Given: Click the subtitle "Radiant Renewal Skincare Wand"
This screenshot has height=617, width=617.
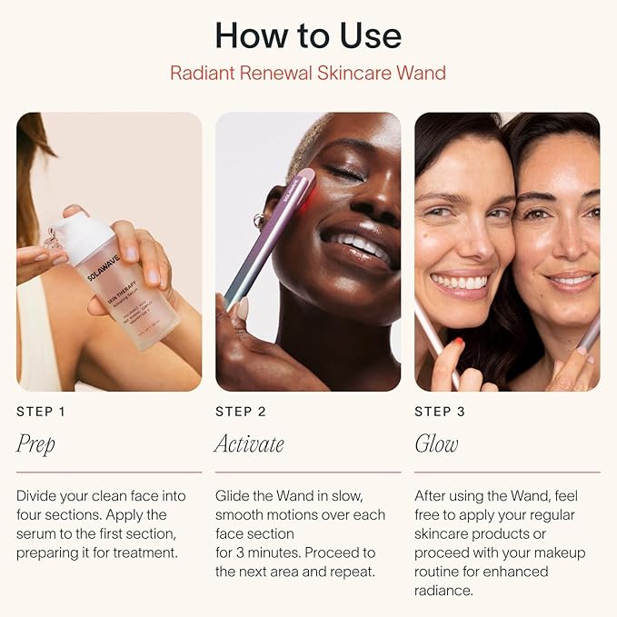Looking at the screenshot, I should click(308, 73).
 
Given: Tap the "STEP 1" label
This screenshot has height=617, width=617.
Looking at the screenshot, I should click(41, 412).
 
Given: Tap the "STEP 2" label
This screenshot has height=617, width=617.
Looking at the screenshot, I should click(241, 412).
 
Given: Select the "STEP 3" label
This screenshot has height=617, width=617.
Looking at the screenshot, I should click(440, 412).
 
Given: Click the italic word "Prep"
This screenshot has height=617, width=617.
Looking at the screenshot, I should click(35, 444).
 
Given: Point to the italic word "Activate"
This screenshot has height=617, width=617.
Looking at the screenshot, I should click(250, 443).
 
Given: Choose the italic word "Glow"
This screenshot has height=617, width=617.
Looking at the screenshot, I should click(436, 443).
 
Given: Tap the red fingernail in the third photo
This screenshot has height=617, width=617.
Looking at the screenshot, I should click(460, 342).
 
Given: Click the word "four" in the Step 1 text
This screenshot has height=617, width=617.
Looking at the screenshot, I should click(31, 514).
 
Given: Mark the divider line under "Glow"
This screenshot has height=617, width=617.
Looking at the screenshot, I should click(507, 472).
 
